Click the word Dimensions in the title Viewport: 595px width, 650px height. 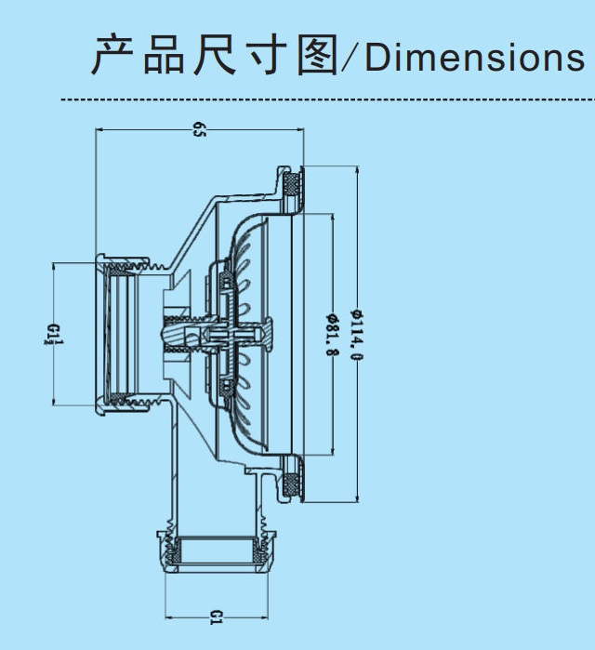click(x=474, y=58)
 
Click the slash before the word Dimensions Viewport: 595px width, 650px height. click(x=351, y=58)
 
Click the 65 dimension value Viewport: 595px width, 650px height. click(x=199, y=129)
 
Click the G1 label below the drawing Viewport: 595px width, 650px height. click(x=216, y=615)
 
